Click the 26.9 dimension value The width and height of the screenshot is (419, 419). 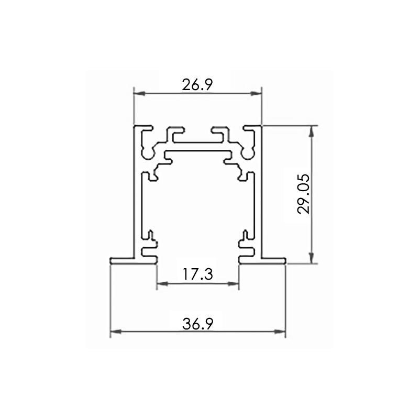click(x=197, y=85)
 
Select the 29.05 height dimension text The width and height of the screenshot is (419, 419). click(x=304, y=194)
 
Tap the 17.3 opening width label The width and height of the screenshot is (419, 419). click(x=198, y=274)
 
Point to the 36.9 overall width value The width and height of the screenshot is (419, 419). click(x=198, y=324)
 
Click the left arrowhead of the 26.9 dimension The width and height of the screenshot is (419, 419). click(x=139, y=94)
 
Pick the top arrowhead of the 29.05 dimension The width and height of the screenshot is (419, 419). click(x=311, y=131)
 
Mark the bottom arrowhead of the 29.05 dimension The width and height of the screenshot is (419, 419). click(x=311, y=258)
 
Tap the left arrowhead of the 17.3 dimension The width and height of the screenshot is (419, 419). click(x=162, y=284)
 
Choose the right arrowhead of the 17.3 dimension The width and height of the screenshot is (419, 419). click(x=233, y=284)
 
